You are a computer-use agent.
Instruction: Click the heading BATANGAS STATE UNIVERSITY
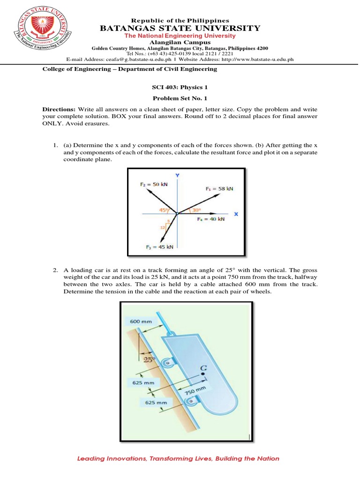pyautogui.click(x=180, y=29)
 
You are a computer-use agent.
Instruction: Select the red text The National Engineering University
pyautogui.click(x=180, y=36)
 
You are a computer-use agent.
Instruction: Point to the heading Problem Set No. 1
pyautogui.click(x=180, y=99)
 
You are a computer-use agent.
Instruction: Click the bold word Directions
pyautogui.click(x=59, y=109)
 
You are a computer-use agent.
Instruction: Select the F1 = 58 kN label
pyautogui.click(x=219, y=188)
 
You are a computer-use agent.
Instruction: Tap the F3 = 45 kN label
pyautogui.click(x=159, y=247)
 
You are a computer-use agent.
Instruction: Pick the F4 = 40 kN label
pyautogui.click(x=210, y=218)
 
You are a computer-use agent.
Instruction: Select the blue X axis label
pyautogui.click(x=236, y=214)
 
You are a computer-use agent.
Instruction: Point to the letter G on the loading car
pyautogui.click(x=203, y=368)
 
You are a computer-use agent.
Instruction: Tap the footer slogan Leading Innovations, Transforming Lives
pyautogui.click(x=178, y=458)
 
